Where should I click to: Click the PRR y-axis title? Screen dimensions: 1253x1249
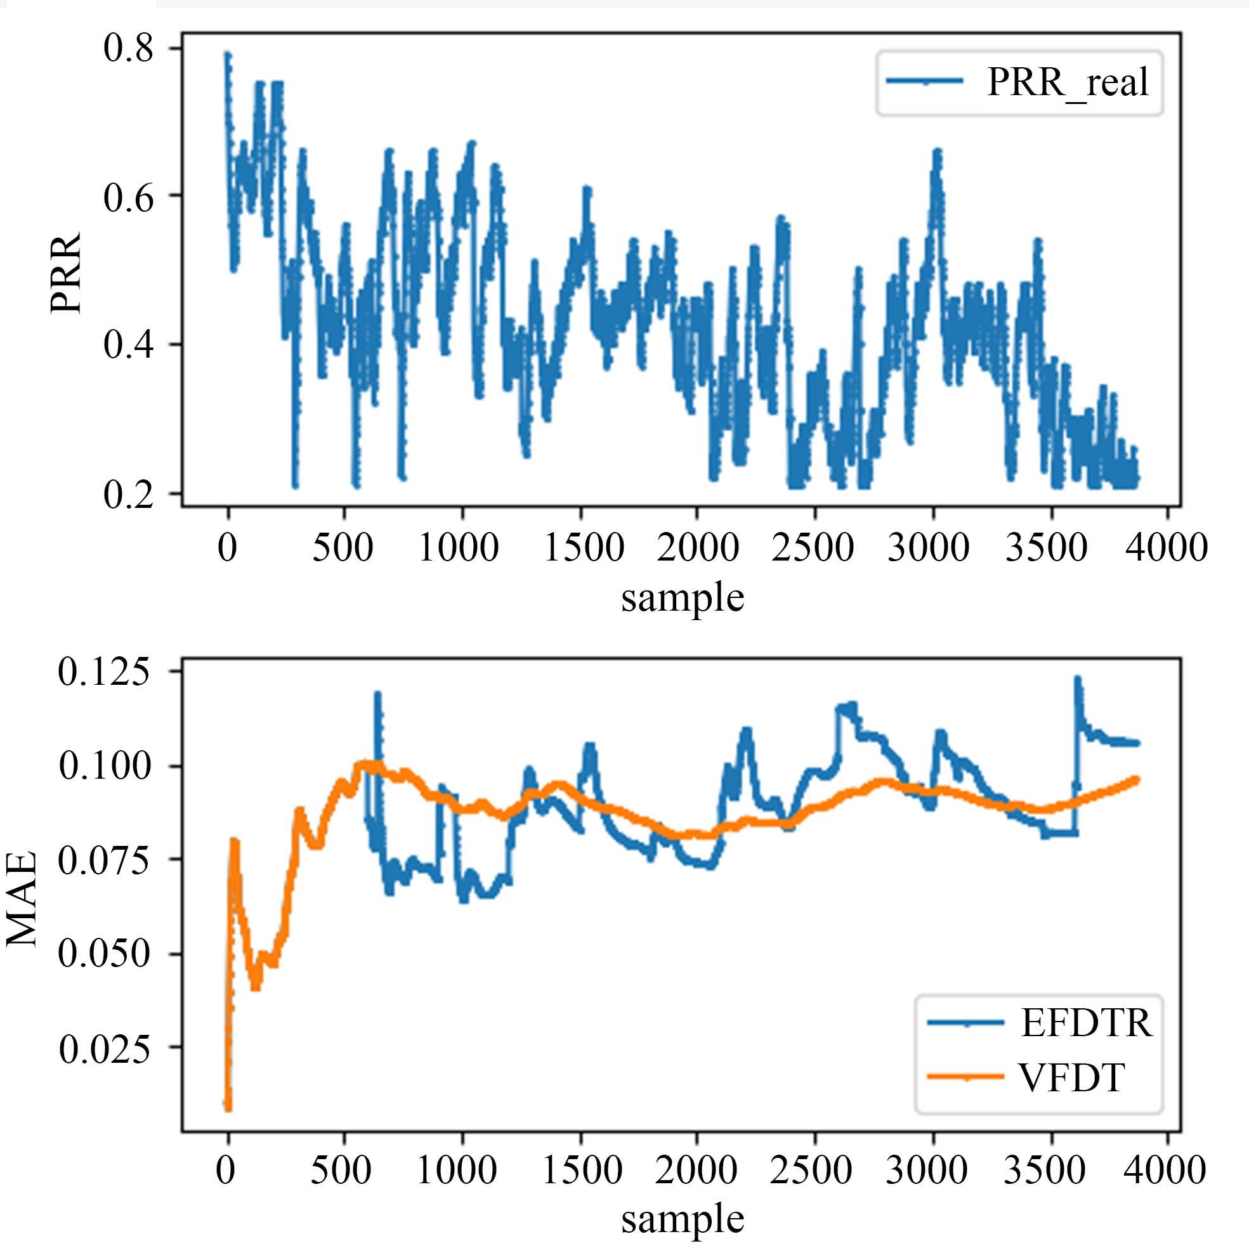tap(66, 273)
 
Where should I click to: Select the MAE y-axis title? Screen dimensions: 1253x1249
tap(22, 900)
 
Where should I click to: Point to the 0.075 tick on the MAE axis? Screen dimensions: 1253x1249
tap(104, 860)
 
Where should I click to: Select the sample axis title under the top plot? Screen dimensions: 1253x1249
tap(682, 597)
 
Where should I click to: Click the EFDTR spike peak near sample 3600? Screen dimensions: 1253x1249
tap(1078, 678)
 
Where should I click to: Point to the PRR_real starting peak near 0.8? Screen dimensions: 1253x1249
tap(228, 55)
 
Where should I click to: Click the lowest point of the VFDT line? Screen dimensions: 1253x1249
tap(228, 1110)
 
